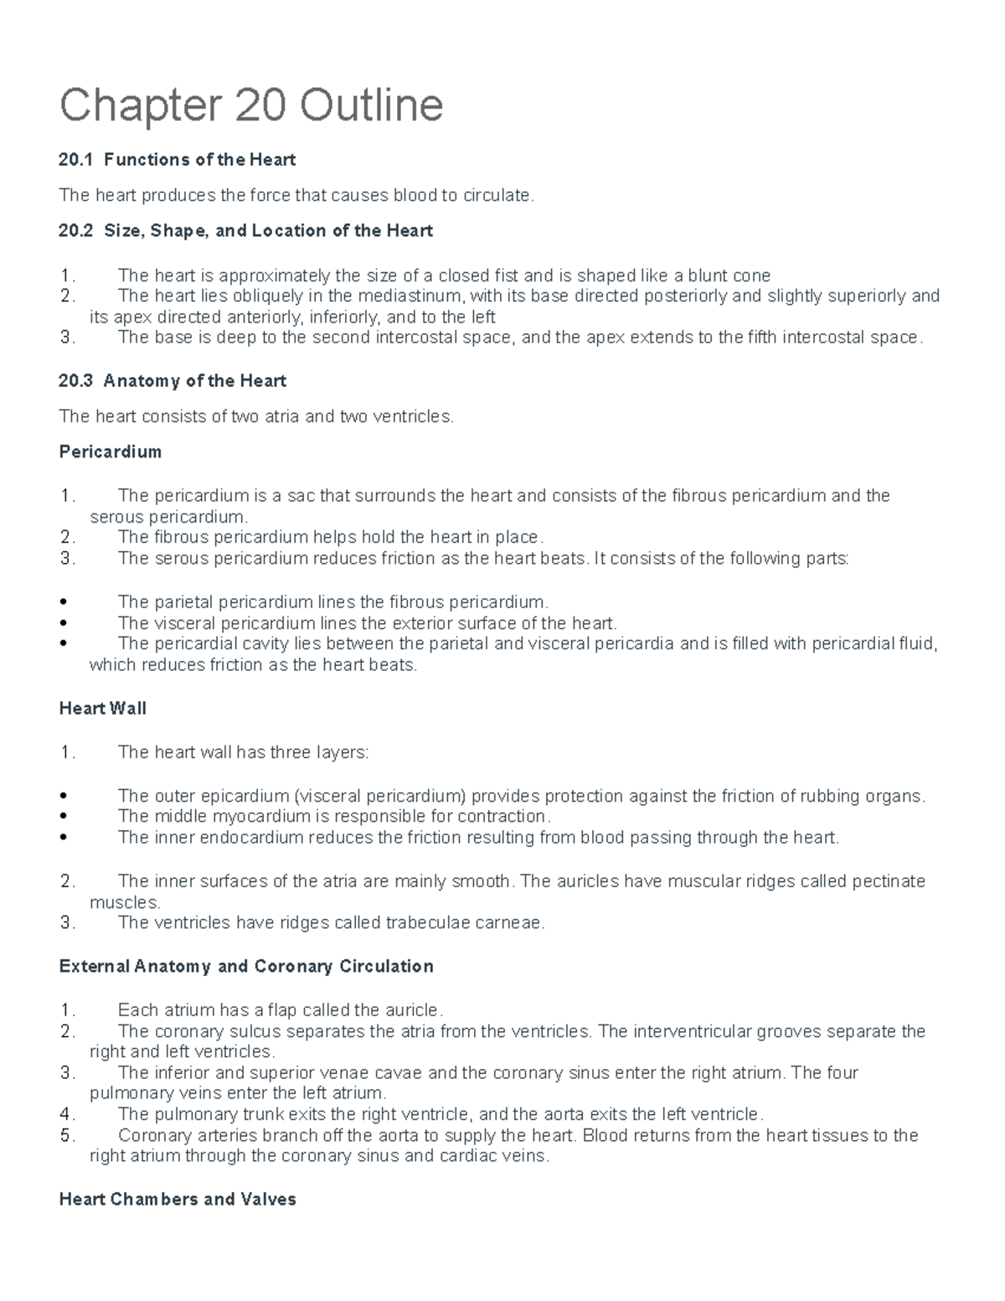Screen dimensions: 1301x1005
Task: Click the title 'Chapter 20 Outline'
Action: (x=250, y=106)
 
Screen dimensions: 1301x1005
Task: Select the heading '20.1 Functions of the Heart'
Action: (x=177, y=159)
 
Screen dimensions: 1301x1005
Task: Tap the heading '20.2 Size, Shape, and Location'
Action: (x=245, y=230)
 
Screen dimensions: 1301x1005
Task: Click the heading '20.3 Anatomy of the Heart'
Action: (x=173, y=381)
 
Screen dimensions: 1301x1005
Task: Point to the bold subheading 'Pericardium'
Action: (x=110, y=452)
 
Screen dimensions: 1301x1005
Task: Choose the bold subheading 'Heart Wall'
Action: (x=102, y=709)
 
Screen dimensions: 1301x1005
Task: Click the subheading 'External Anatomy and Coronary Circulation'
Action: (x=246, y=967)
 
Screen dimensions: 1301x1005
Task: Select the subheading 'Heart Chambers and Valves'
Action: (x=178, y=1200)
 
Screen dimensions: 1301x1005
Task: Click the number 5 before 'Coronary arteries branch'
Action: (x=67, y=1136)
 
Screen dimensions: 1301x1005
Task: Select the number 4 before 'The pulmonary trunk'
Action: (x=67, y=1115)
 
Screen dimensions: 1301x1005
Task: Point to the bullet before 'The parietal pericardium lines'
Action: (x=64, y=602)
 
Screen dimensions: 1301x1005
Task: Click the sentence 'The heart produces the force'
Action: (x=296, y=195)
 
